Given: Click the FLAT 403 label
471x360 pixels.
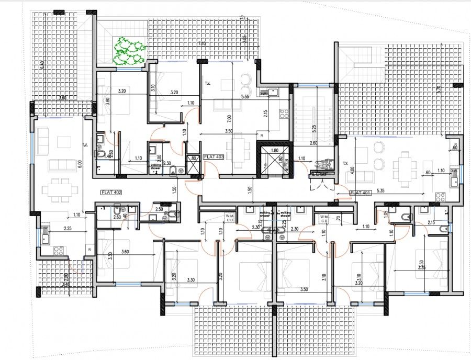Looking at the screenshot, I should point(214,156).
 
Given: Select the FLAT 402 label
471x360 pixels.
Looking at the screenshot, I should point(111,193).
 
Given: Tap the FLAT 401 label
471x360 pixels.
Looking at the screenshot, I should point(361,193).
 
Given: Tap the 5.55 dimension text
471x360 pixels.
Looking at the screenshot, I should point(244,96).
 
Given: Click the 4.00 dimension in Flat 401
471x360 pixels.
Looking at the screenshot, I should point(354,170).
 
